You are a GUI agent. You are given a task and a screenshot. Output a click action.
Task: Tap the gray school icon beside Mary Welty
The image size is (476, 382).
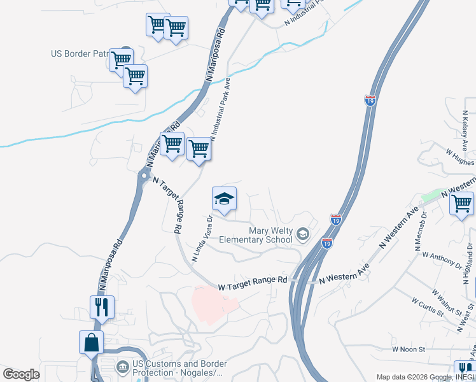[302, 235]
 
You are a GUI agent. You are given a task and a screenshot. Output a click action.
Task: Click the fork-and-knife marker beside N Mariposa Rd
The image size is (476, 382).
[102, 308]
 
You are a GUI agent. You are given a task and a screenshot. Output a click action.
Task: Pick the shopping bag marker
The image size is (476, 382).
[92, 343]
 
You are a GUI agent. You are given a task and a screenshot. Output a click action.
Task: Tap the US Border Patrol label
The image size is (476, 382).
[80, 54]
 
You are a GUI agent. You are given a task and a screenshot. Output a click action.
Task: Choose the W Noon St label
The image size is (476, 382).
[407, 349]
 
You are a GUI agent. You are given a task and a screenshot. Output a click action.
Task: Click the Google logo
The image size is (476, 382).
[22, 374]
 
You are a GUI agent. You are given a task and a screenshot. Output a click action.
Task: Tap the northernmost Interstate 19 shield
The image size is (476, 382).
[370, 100]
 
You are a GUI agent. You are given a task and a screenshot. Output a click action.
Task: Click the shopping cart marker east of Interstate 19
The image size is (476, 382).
[462, 206]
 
